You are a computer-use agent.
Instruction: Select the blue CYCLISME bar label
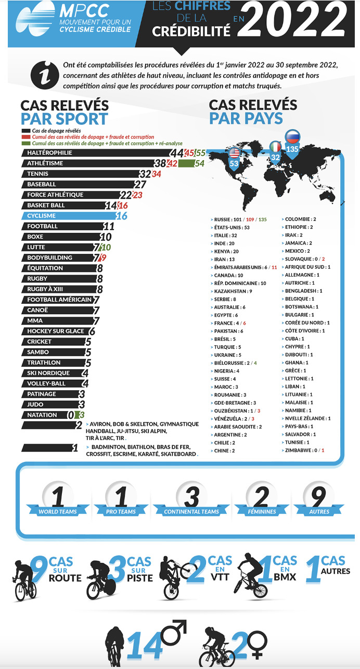[42, 216]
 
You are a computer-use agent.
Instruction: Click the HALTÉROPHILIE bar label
[50, 153]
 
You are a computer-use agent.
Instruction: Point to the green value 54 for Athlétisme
[199, 163]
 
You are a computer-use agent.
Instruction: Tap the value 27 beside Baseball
[140, 184]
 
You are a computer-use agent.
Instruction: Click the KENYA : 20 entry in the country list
[226, 251]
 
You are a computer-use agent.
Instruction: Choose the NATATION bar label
[42, 415]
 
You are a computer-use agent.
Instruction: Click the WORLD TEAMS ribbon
[58, 511]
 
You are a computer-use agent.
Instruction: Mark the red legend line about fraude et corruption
[93, 136]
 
